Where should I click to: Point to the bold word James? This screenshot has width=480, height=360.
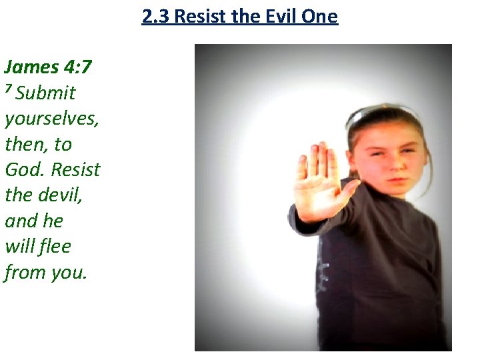click(31, 67)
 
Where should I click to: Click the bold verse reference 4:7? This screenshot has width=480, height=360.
click(79, 67)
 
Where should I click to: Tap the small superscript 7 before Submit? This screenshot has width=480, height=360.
click(9, 89)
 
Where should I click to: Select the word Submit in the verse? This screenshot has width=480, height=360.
click(45, 93)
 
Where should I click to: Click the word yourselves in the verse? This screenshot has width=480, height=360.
click(51, 119)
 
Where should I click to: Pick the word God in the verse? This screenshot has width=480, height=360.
click(21, 169)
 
